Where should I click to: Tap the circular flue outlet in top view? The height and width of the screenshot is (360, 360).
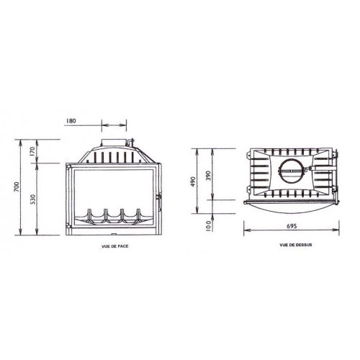[291, 173]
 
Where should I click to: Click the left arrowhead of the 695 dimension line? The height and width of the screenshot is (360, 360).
[246, 233]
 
